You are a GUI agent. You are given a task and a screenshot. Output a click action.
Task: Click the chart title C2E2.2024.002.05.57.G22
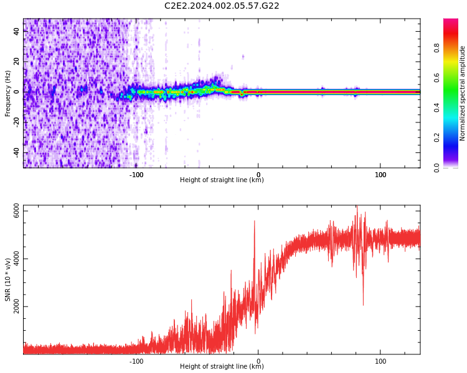pos(222,6)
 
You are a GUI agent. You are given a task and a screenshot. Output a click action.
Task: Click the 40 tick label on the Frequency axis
pos(17,31)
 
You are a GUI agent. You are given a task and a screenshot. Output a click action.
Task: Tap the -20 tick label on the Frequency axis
pos(17,122)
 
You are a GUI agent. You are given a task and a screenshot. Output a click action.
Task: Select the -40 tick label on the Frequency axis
pos(17,152)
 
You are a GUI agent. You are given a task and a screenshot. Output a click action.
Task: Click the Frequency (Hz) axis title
pos(7,93)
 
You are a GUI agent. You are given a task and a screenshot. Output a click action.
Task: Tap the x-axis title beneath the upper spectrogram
pos(222,180)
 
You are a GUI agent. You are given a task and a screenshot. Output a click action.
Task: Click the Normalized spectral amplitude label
pos(463,93)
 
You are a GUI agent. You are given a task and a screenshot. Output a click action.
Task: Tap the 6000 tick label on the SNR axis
pos(17,212)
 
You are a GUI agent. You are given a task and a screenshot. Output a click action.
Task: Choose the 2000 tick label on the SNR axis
pos(17,307)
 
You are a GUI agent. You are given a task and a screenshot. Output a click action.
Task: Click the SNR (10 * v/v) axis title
pos(7,280)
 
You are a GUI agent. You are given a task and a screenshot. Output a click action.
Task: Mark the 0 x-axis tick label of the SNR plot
pos(258,361)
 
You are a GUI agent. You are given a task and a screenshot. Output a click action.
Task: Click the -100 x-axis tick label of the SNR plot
pos(136,361)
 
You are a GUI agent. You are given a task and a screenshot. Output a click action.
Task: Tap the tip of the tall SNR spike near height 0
pos(254,221)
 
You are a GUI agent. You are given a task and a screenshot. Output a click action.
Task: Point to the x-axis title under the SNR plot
pos(222,367)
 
